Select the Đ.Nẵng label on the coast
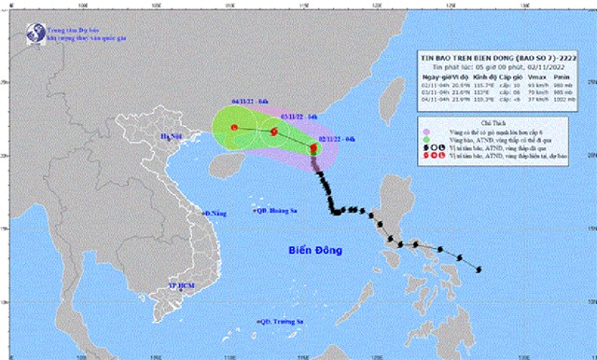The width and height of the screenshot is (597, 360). pos(217,215)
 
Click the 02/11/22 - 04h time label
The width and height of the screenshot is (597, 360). pos(336,138)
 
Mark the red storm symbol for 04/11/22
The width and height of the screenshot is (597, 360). pos(235,128)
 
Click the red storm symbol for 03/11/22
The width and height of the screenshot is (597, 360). pos(273,132)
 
